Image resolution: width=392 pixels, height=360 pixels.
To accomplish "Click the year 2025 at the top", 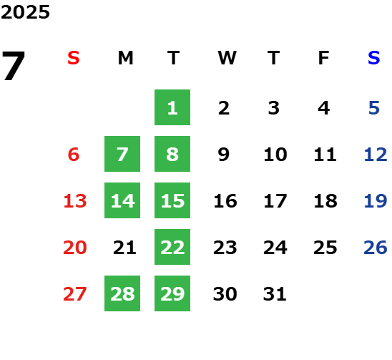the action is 25,12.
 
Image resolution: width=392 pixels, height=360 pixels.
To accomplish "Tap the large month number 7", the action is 14,66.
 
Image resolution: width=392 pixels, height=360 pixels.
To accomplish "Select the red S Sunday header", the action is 74,58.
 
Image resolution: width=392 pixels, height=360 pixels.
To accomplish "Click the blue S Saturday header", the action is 374,58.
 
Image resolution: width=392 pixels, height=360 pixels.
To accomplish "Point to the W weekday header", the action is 227,58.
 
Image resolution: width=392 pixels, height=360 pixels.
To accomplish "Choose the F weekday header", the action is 324,58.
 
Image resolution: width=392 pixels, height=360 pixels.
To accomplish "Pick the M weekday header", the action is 125,58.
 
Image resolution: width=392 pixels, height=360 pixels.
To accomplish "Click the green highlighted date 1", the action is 172,107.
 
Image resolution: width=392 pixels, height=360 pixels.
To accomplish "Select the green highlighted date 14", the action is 122,200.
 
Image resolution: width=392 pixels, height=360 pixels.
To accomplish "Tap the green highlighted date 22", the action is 172,247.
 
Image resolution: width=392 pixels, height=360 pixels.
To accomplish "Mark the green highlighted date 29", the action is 172,293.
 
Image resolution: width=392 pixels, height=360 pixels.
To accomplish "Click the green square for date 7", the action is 122,154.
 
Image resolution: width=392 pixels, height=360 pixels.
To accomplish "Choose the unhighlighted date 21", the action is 124,248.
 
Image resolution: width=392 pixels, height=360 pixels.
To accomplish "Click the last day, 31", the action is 275,293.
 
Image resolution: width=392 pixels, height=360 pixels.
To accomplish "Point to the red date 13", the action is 75,201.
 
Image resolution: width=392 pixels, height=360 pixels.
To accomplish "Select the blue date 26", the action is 376,248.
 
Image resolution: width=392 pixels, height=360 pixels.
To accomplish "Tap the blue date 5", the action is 374,108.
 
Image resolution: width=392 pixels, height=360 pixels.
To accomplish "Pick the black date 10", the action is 275,155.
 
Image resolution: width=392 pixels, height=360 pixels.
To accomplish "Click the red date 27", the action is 75,293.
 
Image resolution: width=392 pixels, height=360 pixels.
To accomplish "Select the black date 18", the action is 325,201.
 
